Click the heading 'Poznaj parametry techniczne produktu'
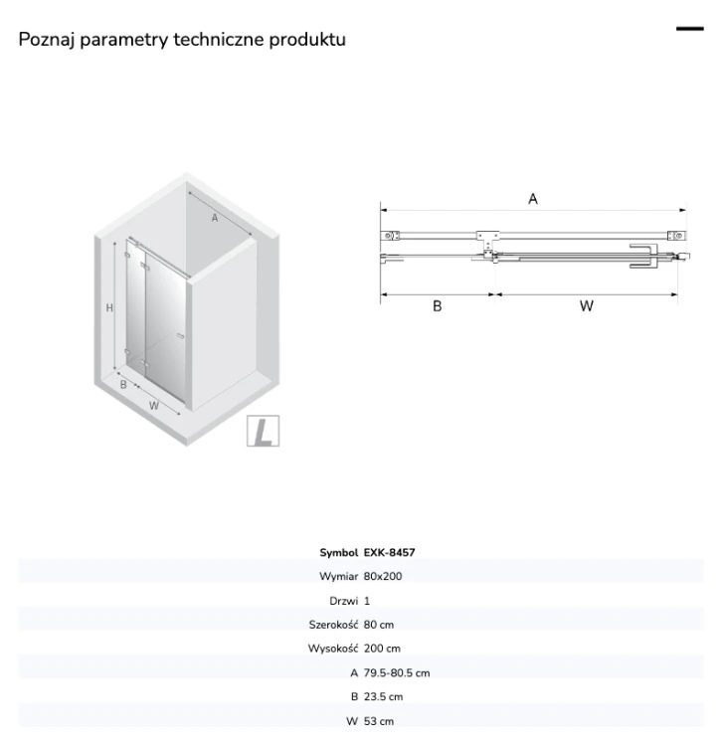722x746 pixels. pyautogui.click(x=182, y=40)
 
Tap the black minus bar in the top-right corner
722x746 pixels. pyautogui.click(x=689, y=29)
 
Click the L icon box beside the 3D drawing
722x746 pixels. pyautogui.click(x=263, y=431)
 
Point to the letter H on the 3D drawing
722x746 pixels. pyautogui.click(x=109, y=307)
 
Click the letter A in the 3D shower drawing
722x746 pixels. pyautogui.click(x=215, y=218)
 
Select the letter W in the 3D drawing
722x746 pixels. pyautogui.click(x=153, y=406)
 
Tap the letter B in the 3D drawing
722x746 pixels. pyautogui.click(x=123, y=384)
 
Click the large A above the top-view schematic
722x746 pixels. pyautogui.click(x=533, y=199)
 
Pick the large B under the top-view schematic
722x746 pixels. pyautogui.click(x=438, y=306)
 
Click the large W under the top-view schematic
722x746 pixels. pyautogui.click(x=587, y=306)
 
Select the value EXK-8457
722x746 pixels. pyautogui.click(x=389, y=552)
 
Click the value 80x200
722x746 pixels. pyautogui.click(x=383, y=576)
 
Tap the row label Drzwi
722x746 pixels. pyautogui.click(x=343, y=601)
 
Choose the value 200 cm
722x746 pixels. pyautogui.click(x=382, y=649)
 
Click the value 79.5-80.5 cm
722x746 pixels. pyautogui.click(x=397, y=672)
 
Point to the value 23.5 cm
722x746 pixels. pyautogui.click(x=383, y=696)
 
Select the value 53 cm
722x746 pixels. pyautogui.click(x=379, y=721)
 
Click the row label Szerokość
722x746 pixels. pyautogui.click(x=333, y=625)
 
